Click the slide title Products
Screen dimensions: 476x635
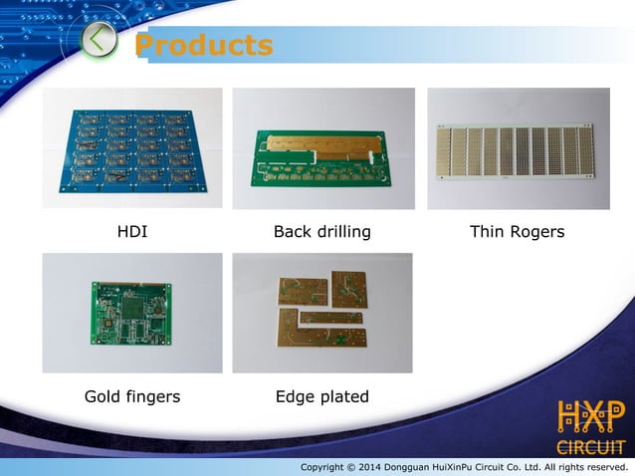[203, 46]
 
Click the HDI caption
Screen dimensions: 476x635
[132, 232]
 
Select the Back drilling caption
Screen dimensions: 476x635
[321, 232]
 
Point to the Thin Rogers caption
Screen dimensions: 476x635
[517, 232]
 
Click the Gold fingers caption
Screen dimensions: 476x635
[132, 396]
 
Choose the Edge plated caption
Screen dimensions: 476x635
[321, 396]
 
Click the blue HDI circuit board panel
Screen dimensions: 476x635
[131, 149]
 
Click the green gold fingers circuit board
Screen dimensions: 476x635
[131, 314]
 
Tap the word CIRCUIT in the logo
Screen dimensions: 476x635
[590, 446]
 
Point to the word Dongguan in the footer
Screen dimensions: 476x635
[436, 467]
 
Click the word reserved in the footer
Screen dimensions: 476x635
[607, 467]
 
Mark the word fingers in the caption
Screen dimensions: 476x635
[151, 396]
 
